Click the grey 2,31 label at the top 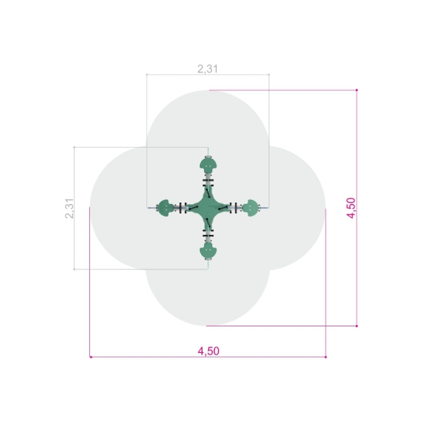point(207,69)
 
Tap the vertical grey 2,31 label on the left point(70,208)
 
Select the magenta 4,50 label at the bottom point(209,351)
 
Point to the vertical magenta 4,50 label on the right point(351,207)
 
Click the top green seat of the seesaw point(208,165)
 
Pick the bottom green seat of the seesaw point(208,251)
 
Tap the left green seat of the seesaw point(166,208)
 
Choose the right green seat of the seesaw point(251,208)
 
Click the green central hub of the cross point(208,207)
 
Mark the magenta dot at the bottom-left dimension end point(91,357)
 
